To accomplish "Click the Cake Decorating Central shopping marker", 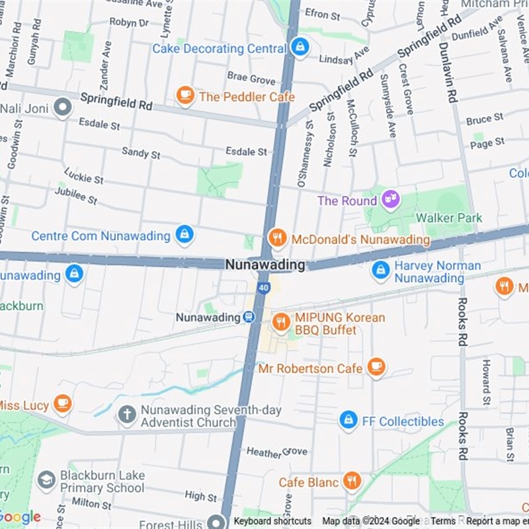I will click(x=300, y=47).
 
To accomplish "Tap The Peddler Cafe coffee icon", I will click(x=185, y=96).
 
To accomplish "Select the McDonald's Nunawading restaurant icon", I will click(x=278, y=238).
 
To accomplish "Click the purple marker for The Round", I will click(x=391, y=199).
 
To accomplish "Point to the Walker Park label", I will click(x=449, y=218).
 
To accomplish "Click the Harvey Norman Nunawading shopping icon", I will click(x=381, y=270).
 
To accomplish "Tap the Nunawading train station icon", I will click(x=249, y=317).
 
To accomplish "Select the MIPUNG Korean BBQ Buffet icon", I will click(x=281, y=322).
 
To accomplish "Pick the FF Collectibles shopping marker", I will click(x=348, y=420).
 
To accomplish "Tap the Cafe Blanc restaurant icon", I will click(x=352, y=481).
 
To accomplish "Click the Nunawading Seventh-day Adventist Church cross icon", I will click(x=126, y=415).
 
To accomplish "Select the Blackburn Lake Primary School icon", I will click(x=46, y=481).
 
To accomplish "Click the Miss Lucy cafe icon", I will click(x=63, y=403).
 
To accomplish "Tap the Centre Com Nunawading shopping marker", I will click(x=184, y=234).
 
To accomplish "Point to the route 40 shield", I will click(x=263, y=288).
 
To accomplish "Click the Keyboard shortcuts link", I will click(x=272, y=521).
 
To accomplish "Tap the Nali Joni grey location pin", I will click(x=63, y=106).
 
